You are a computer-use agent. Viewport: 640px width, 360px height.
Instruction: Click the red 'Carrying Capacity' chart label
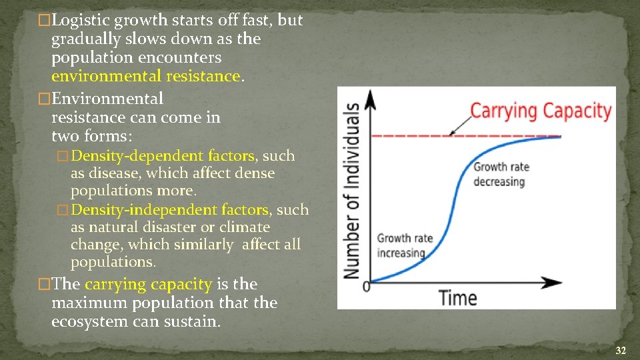(541, 111)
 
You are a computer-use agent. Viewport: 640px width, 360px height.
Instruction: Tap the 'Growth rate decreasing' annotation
(499, 174)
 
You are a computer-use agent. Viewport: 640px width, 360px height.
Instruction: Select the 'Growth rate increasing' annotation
(405, 245)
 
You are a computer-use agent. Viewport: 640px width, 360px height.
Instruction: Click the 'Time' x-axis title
(458, 297)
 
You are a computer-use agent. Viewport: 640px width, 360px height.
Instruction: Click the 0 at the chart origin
(365, 287)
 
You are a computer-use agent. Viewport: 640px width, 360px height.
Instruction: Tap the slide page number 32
(620, 351)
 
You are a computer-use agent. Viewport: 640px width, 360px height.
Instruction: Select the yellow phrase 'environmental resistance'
(145, 76)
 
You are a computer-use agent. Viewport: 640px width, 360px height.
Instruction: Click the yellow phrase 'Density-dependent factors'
(163, 156)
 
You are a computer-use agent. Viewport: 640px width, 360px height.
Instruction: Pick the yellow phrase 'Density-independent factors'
(170, 210)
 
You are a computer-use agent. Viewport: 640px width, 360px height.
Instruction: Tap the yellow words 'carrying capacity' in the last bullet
(148, 284)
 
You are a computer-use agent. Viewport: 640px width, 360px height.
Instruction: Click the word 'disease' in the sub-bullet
(116, 173)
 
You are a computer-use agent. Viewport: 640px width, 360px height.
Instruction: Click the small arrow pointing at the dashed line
(459, 126)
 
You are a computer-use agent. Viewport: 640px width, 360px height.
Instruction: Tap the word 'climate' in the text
(245, 227)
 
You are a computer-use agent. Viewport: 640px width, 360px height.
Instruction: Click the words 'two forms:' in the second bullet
(92, 136)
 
